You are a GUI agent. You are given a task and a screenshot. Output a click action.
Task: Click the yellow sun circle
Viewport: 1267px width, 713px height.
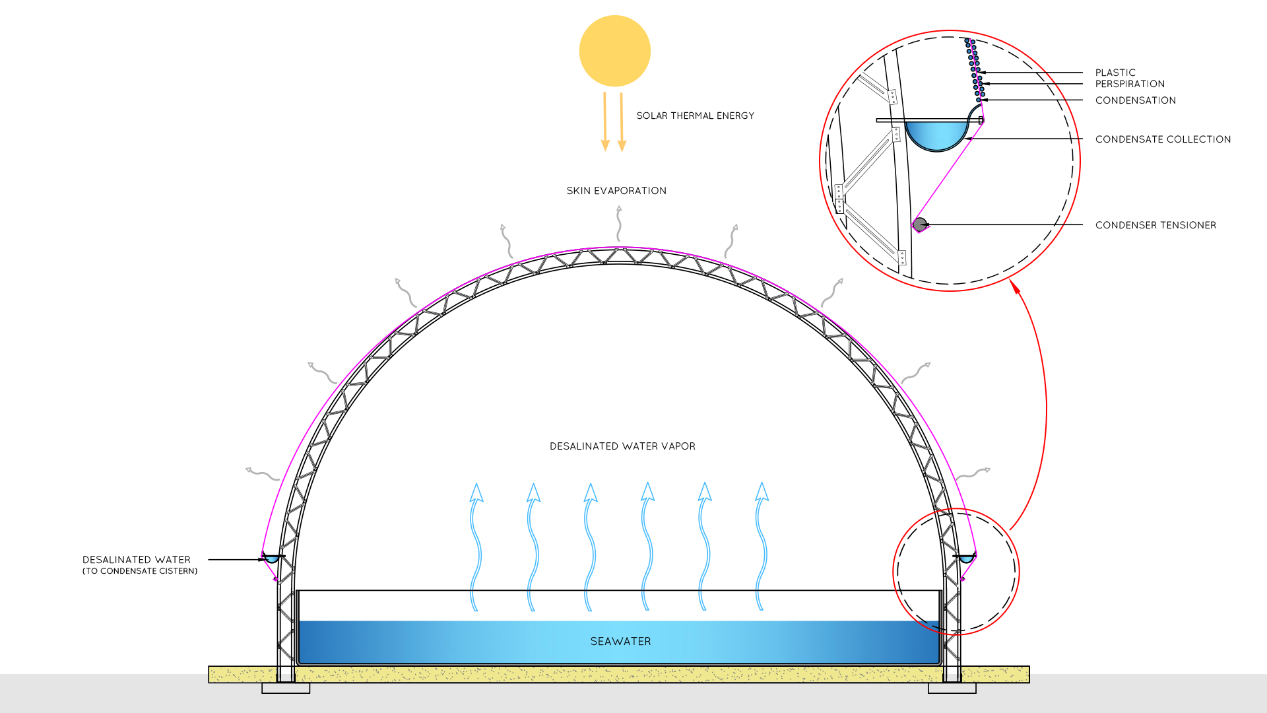pyautogui.click(x=614, y=51)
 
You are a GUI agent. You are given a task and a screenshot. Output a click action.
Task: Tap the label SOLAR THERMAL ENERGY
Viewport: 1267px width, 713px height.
pyautogui.click(x=695, y=116)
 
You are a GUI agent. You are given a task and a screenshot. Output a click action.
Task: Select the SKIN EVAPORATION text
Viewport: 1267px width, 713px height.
pyautogui.click(x=616, y=191)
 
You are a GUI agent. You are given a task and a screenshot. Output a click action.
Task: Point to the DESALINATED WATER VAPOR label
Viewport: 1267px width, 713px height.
pyautogui.click(x=622, y=446)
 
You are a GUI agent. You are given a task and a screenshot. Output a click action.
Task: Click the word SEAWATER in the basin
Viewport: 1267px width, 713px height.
pyautogui.click(x=620, y=641)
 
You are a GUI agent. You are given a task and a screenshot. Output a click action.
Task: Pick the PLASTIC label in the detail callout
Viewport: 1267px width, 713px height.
pyautogui.click(x=1115, y=73)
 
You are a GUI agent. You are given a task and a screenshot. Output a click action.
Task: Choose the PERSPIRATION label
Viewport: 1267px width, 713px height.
pyautogui.click(x=1130, y=84)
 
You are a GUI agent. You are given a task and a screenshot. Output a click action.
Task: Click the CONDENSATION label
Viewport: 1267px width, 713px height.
pyautogui.click(x=1135, y=100)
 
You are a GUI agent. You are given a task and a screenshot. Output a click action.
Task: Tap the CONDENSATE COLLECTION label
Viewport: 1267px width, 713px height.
pyautogui.click(x=1163, y=139)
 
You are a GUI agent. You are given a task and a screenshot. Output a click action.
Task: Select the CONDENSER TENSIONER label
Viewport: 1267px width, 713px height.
pyautogui.click(x=1155, y=225)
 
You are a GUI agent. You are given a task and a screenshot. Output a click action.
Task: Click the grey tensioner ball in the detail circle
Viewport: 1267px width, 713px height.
pyautogui.click(x=920, y=224)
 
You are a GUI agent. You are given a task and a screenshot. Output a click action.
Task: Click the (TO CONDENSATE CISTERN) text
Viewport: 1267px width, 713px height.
pyautogui.click(x=140, y=571)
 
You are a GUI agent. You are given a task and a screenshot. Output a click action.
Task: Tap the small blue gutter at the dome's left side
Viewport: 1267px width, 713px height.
pyautogui.click(x=271, y=559)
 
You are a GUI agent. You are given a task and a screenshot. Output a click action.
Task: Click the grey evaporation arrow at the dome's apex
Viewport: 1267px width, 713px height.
pyautogui.click(x=619, y=223)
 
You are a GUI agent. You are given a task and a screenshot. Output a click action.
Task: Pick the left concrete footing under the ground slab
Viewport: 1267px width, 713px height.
pyautogui.click(x=286, y=689)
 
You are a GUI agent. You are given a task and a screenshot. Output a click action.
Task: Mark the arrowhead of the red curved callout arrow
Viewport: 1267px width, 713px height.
pyautogui.click(x=1016, y=287)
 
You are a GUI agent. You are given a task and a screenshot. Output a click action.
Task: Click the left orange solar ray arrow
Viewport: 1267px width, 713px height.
pyautogui.click(x=604, y=122)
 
